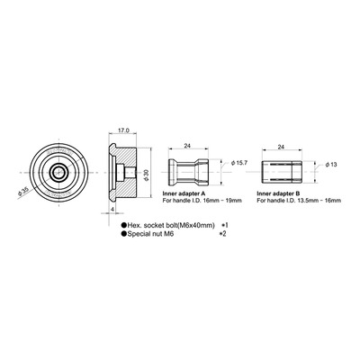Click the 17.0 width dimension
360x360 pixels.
point(123,130)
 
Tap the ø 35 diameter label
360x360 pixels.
point(23,191)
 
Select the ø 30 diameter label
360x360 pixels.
point(147,175)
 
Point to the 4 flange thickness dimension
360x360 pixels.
point(112,209)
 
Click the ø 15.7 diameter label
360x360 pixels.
point(239,163)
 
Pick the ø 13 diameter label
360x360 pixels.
point(331,165)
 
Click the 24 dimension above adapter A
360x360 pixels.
point(187,146)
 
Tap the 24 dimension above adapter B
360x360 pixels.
point(281,147)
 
